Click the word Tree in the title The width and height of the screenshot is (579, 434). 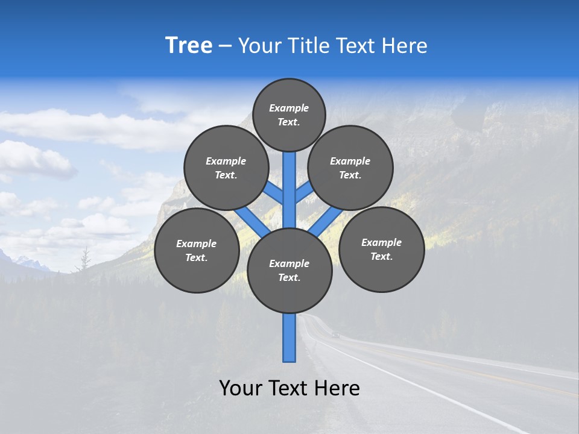[189, 45]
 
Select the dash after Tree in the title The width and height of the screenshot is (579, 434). [225, 46]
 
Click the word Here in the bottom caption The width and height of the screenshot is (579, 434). [336, 388]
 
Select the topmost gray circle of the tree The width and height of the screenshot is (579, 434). [289, 115]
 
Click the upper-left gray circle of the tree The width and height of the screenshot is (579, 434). [226, 168]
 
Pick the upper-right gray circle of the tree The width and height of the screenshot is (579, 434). [350, 168]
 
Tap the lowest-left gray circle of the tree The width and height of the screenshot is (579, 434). [197, 250]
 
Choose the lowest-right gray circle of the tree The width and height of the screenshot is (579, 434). [381, 249]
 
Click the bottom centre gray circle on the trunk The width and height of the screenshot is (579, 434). [289, 271]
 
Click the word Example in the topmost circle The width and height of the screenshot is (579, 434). [289, 108]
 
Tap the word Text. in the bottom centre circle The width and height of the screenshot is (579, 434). [289, 278]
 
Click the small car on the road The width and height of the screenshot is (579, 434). [336, 335]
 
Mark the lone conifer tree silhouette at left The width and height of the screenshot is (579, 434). [85, 259]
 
